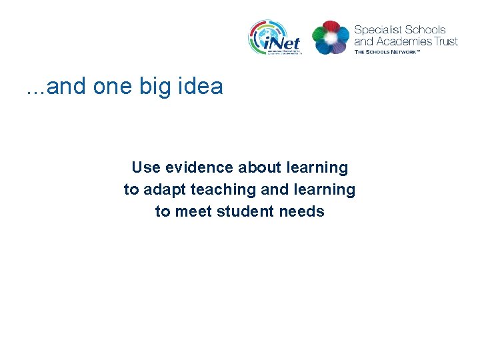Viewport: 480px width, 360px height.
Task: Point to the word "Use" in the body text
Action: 145,167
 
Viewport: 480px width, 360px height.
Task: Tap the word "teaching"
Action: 223,190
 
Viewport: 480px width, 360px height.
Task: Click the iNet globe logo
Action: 275,37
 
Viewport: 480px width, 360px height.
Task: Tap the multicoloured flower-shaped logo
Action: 331,37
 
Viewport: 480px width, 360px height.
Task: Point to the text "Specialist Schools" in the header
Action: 400,30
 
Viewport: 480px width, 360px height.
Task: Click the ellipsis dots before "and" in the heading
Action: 35,91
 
